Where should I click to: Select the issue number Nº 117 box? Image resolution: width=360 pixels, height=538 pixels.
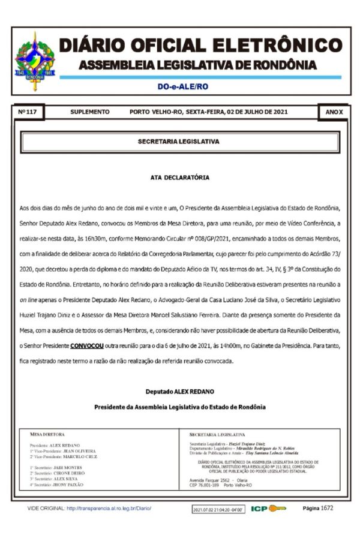tap(28, 112)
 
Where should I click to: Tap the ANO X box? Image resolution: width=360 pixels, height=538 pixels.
tap(334, 112)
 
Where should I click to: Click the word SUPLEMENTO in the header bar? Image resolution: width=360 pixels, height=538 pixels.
tap(90, 112)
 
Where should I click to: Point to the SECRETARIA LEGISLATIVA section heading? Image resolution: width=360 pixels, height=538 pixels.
tap(179, 142)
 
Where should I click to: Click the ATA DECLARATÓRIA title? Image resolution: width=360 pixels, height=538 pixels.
tap(179, 178)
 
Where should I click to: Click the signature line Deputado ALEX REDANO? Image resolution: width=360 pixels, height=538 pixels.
tap(179, 392)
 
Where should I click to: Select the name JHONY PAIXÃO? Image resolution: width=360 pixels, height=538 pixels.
tap(68, 484)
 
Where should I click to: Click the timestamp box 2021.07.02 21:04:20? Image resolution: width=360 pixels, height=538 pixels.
tap(218, 509)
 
